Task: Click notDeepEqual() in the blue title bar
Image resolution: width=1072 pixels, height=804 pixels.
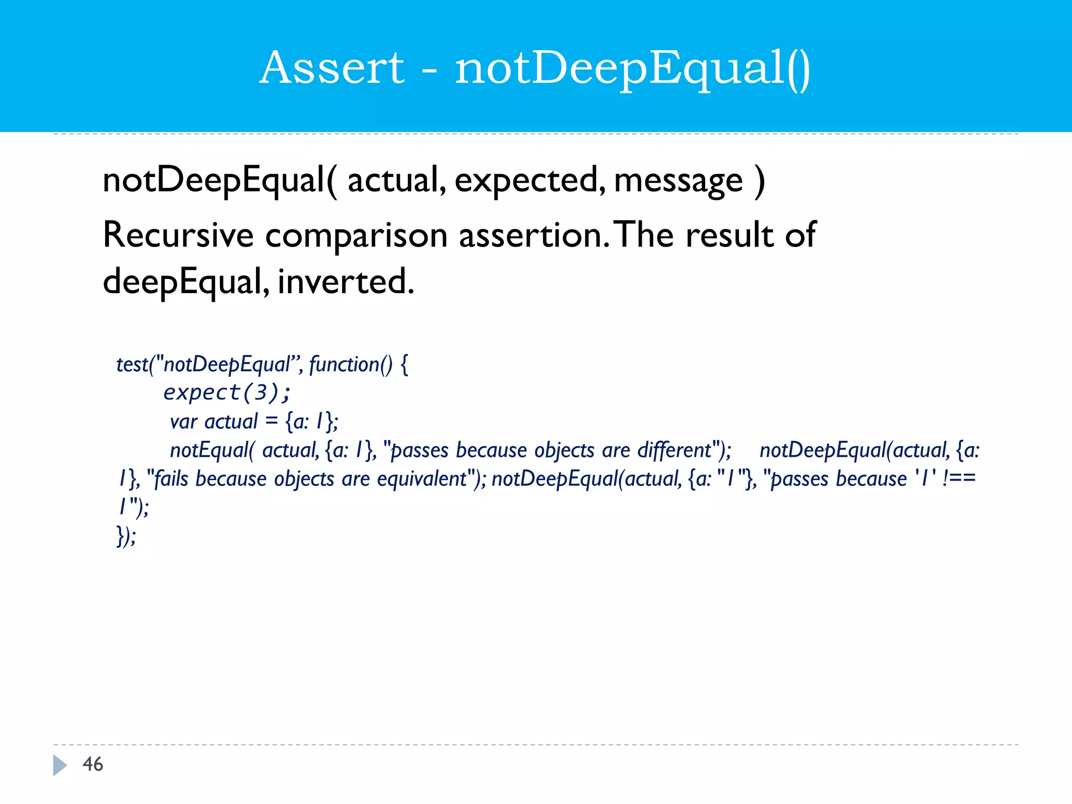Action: [633, 69]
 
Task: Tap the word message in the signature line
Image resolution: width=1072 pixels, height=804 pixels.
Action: [678, 181]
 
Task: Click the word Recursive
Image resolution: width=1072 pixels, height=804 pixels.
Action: [178, 235]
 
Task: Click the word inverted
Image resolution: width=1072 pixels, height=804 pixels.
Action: [345, 282]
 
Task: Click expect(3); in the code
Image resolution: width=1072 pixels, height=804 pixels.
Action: [227, 392]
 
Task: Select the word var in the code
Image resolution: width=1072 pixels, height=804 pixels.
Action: [183, 422]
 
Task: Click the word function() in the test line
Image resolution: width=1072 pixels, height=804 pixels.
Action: [350, 364]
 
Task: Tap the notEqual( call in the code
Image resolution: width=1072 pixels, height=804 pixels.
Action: [211, 450]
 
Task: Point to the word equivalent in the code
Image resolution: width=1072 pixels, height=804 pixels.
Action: [422, 479]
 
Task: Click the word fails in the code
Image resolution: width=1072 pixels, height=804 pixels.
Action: [171, 479]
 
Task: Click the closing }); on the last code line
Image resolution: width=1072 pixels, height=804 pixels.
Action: [126, 535]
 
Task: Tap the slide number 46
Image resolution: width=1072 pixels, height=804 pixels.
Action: [93, 764]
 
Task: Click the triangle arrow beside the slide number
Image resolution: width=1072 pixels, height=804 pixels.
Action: [60, 765]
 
